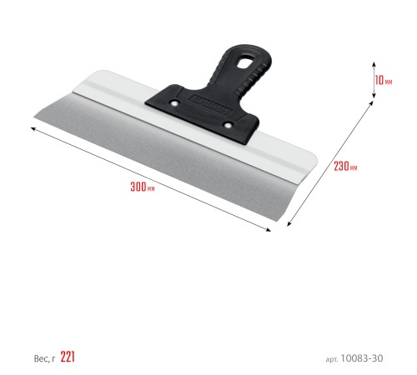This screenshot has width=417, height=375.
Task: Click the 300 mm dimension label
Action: tap(143, 187)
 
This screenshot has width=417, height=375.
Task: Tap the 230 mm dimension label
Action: tap(345, 166)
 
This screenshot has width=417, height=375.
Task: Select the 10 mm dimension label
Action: tap(384, 80)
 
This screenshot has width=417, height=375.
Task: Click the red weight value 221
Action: tap(68, 357)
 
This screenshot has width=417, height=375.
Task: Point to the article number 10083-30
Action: tap(362, 358)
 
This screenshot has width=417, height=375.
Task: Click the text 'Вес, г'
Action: tap(44, 358)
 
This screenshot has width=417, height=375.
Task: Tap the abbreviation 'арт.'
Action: tap(332, 359)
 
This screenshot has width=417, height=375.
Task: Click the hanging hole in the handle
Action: tap(245, 62)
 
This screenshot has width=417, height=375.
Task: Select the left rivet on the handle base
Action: tap(174, 103)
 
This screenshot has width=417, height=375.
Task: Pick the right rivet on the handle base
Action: tap(228, 125)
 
